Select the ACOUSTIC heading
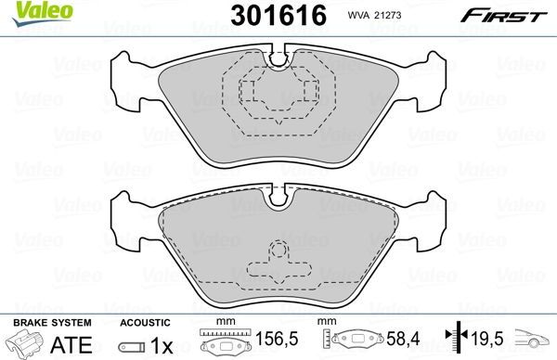[143, 321]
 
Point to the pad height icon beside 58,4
[356, 342]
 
